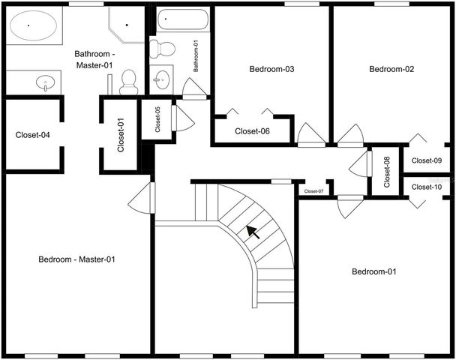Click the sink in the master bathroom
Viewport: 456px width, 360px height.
pos(46,82)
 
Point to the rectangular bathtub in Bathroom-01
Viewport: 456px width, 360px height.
pos(182,20)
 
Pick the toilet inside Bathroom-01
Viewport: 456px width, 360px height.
pos(161,49)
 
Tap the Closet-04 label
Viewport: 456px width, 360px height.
pos(33,136)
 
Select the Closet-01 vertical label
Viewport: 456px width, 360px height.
pos(121,135)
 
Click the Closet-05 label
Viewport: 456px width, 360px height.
pos(158,120)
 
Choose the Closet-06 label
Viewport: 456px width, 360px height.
pos(252,131)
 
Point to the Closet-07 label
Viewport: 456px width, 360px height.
pos(313,191)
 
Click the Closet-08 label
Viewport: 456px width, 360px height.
pos(387,171)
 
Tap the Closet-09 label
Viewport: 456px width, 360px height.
pos(427,160)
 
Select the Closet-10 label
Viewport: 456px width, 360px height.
pos(427,187)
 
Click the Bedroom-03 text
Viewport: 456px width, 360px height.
pos(271,70)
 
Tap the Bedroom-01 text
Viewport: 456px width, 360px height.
pos(374,271)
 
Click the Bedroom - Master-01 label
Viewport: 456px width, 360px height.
pos(76,259)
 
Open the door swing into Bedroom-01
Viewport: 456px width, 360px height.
pos(349,206)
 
